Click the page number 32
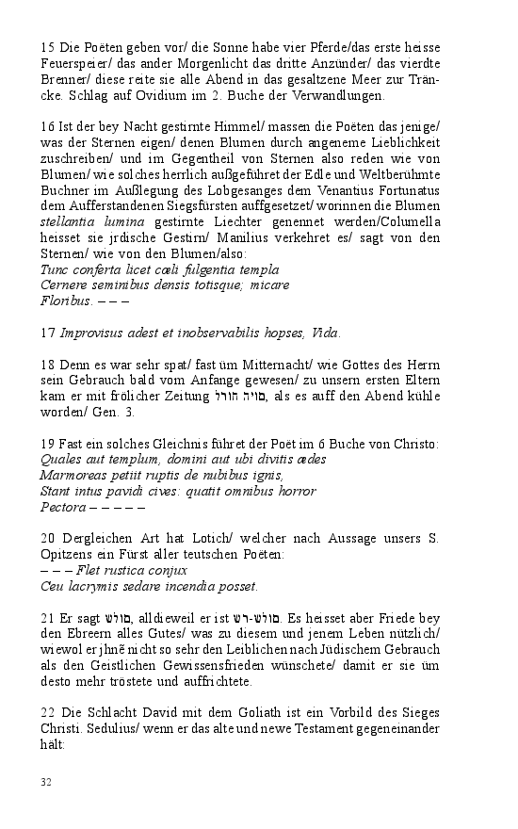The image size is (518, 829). [x=46, y=781]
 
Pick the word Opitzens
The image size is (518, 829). [x=68, y=554]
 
